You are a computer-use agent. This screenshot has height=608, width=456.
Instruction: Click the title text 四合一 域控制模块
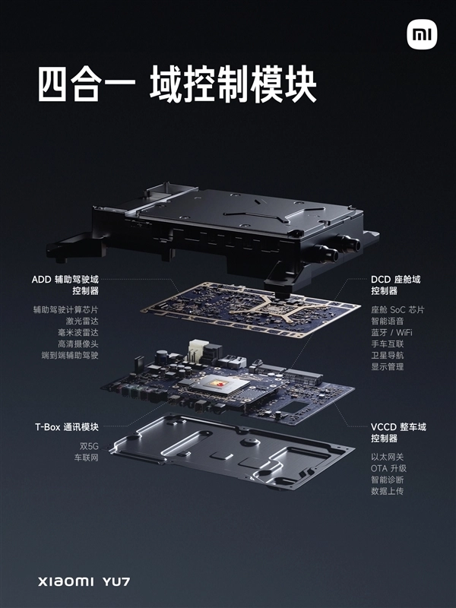click(x=176, y=85)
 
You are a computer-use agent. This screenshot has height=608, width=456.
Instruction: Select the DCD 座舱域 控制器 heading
click(x=395, y=285)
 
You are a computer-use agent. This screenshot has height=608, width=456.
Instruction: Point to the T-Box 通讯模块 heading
click(x=65, y=427)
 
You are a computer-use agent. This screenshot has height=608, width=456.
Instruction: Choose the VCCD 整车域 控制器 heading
click(x=397, y=432)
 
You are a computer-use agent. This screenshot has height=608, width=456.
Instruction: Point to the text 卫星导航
click(x=388, y=355)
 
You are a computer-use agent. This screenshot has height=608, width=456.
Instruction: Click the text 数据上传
click(x=388, y=491)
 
